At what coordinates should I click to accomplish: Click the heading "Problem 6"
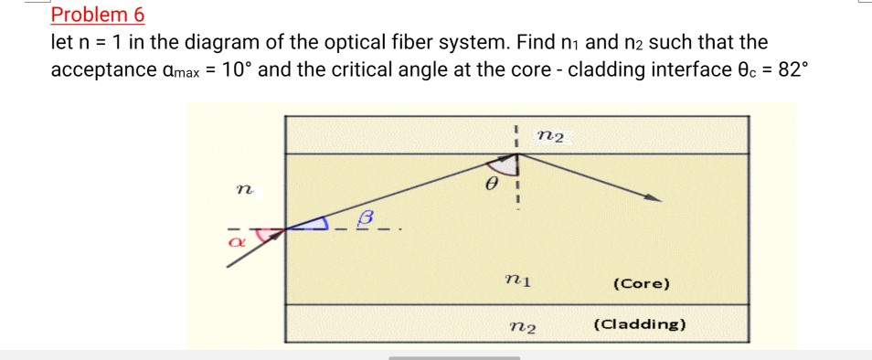(x=98, y=15)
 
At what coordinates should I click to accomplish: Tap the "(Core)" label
(x=641, y=284)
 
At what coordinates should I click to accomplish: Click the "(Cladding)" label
(x=640, y=324)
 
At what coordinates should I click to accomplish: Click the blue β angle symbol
(x=367, y=217)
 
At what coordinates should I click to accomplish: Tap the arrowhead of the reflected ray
(x=653, y=197)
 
